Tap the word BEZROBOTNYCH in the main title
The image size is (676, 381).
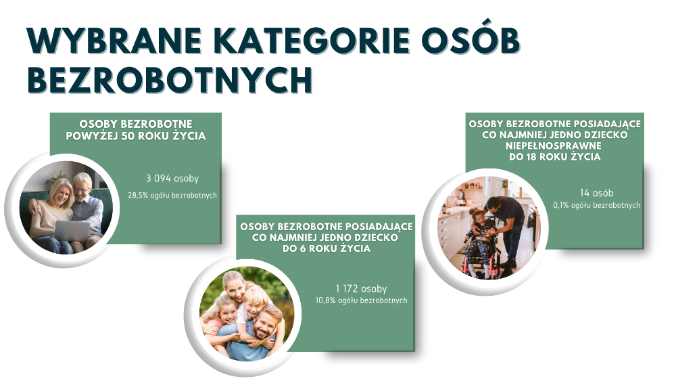point(170,80)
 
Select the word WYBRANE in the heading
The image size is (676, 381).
point(114,41)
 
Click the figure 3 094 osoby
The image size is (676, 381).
point(172,178)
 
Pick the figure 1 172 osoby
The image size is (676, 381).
point(361,289)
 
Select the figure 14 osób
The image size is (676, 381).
point(597,193)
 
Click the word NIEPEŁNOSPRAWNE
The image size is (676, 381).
point(554,145)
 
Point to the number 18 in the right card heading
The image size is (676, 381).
point(530,156)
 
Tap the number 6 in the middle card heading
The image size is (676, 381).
point(302,248)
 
